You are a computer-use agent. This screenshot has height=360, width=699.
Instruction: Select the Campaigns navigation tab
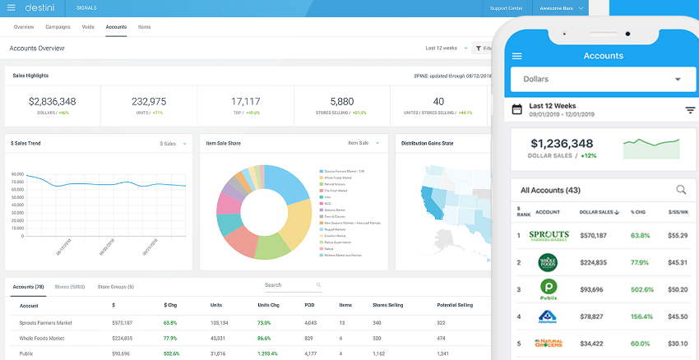(x=58, y=27)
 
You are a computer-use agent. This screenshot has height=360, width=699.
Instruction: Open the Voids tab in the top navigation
(x=88, y=27)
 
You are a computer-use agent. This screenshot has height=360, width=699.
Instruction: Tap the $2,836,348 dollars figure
(x=52, y=101)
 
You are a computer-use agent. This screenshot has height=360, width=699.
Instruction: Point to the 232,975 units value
(x=148, y=101)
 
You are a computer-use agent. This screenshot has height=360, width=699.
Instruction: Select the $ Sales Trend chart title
(x=25, y=143)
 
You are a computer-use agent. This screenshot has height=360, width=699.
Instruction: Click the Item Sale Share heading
(x=224, y=143)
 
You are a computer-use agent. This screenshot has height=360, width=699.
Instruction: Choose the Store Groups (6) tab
(x=115, y=287)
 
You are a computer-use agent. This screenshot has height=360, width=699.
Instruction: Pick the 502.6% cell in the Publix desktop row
(x=171, y=353)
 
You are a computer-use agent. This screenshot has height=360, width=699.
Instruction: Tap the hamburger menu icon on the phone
(x=517, y=56)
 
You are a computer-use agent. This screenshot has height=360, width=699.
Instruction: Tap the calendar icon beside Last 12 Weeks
(x=517, y=109)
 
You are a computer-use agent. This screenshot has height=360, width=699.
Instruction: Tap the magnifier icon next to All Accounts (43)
(x=681, y=190)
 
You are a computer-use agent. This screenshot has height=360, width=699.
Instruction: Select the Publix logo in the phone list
(x=549, y=289)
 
